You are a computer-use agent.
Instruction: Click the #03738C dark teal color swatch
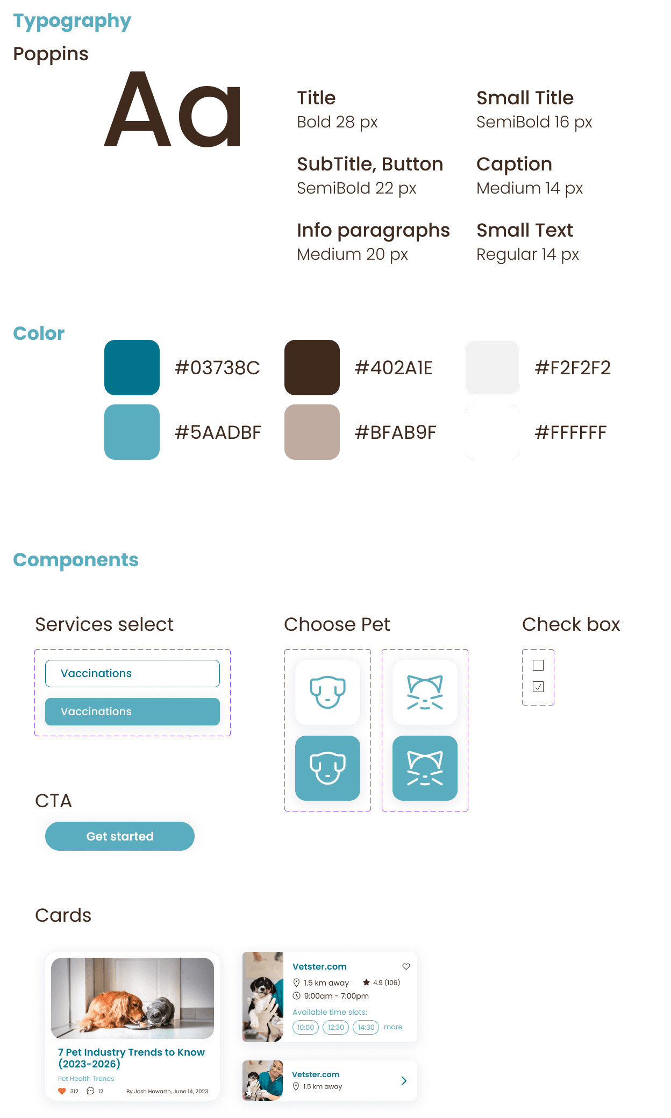[x=132, y=367]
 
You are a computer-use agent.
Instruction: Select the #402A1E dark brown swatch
[x=312, y=367]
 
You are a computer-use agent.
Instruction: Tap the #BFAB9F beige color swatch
[x=312, y=432]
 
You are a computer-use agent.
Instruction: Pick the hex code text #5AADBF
[x=218, y=432]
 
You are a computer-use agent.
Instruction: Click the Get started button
[x=120, y=836]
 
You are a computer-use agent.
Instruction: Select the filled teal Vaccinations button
[x=132, y=711]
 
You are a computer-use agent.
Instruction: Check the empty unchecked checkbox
[x=538, y=665]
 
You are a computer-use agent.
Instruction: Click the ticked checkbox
[x=538, y=687]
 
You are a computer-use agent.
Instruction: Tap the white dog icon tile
[x=327, y=692]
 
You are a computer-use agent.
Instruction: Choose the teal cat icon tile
[x=425, y=768]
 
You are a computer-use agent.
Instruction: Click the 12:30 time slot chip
[x=336, y=1027]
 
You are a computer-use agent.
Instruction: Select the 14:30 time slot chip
[x=366, y=1027]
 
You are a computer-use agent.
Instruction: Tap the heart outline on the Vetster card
[x=406, y=966]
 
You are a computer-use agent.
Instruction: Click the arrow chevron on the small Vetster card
[x=404, y=1081]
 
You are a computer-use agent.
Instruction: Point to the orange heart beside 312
[x=62, y=1091]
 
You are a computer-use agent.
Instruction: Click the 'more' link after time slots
[x=393, y=1027]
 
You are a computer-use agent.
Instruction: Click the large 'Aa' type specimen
[x=172, y=110]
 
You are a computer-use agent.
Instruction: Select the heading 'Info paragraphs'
[x=373, y=230]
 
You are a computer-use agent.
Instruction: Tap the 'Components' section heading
[x=76, y=560]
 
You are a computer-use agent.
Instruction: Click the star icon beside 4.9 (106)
[x=366, y=982]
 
